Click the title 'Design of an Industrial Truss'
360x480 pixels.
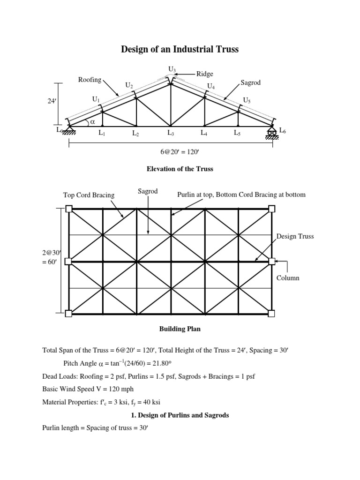coord(180,49)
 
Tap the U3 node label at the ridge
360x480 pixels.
coord(172,70)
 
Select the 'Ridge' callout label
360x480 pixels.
coord(204,74)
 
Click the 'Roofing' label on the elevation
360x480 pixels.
coord(90,80)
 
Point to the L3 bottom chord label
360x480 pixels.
coord(171,133)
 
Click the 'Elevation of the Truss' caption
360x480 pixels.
coord(180,169)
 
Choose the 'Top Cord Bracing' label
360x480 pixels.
coord(89,195)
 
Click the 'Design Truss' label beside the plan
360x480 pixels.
coord(295,236)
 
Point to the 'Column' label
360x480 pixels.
coord(288,278)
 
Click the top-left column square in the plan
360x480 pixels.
coord(69,209)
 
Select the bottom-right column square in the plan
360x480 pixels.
coord(272,313)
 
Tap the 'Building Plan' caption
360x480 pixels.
coord(180,329)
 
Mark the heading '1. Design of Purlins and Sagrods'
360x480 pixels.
coord(180,415)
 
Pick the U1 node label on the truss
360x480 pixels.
coord(96,99)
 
